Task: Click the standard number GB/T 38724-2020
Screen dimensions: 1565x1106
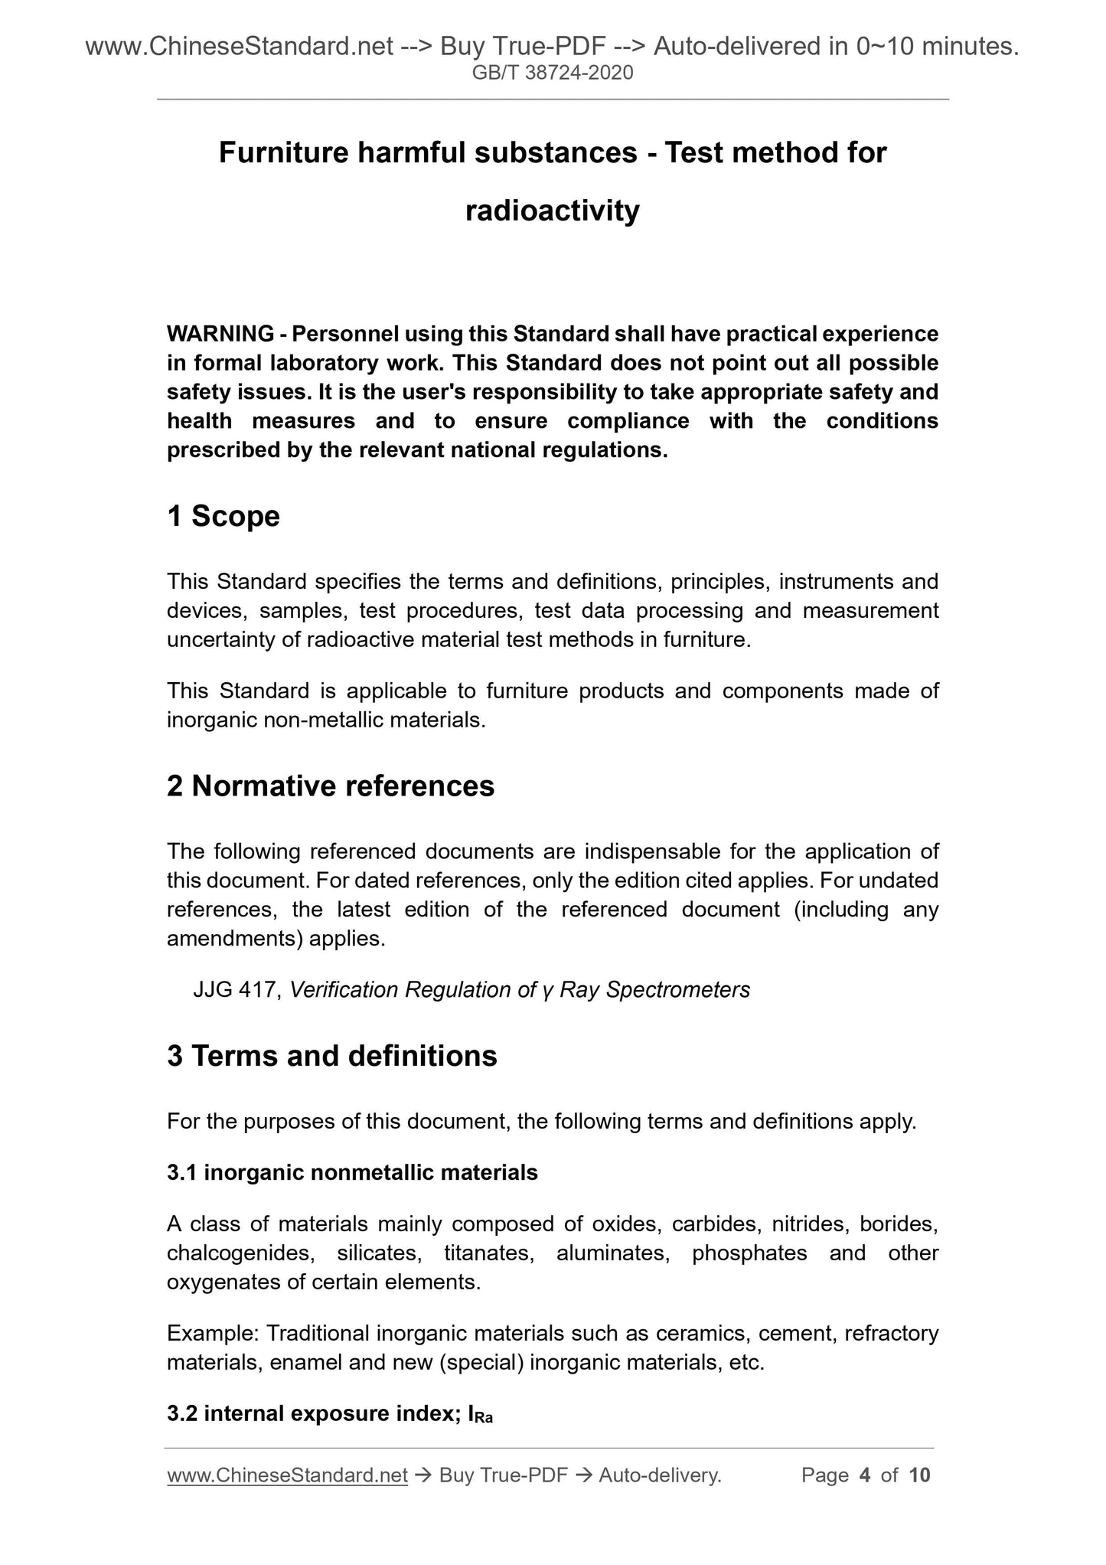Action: [x=553, y=73]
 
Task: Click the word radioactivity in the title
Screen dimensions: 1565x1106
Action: [x=553, y=211]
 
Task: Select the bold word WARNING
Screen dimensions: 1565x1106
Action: [x=220, y=334]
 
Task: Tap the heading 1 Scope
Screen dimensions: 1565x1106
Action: [x=223, y=517]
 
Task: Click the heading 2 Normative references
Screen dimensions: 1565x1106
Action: [x=331, y=786]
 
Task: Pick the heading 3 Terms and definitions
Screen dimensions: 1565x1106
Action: [x=332, y=1056]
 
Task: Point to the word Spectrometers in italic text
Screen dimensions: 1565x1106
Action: [x=678, y=990]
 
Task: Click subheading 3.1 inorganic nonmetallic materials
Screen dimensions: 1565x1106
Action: [x=352, y=1172]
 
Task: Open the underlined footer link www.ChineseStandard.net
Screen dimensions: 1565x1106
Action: [x=287, y=1475]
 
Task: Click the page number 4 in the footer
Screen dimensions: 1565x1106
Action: [x=865, y=1475]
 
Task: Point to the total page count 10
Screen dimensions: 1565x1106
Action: [x=919, y=1475]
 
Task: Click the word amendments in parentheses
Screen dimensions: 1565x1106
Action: [x=235, y=938]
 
